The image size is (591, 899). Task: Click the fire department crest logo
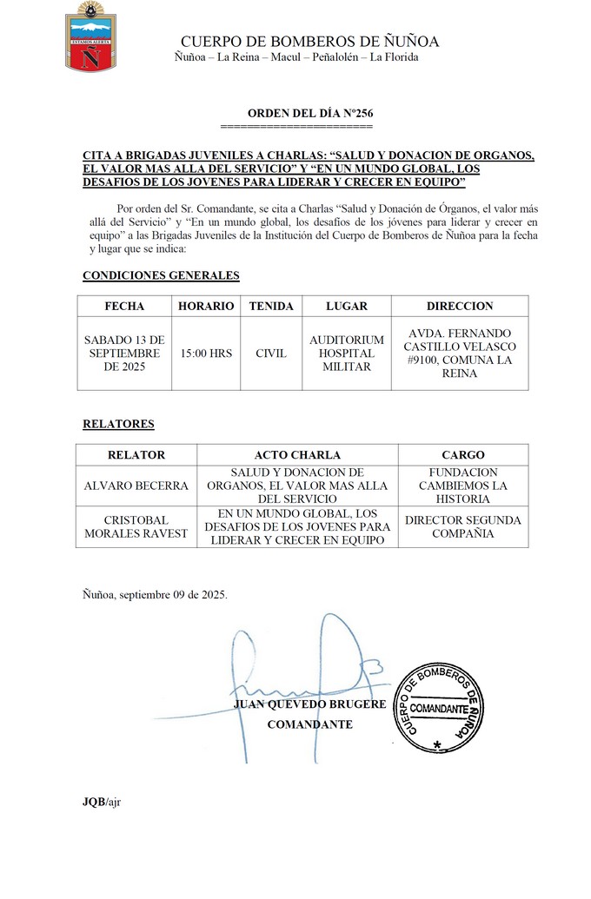pos(91,36)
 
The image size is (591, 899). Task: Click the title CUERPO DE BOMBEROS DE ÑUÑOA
pos(309,42)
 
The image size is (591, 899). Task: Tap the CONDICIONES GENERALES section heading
pos(161,275)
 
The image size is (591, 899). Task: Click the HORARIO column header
pos(206,306)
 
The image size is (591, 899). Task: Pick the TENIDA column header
pos(271,306)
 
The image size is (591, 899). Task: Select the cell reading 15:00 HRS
pos(206,354)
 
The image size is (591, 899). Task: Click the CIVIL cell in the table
pos(271,354)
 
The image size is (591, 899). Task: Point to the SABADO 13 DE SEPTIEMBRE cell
pos(124,354)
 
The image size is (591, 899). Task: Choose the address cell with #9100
pos(460,353)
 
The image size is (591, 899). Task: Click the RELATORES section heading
pos(118,424)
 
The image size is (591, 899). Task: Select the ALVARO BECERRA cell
pos(136,486)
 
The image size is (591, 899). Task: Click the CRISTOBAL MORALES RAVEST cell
pos(136,526)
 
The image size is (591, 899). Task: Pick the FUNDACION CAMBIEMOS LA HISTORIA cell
pos(463,486)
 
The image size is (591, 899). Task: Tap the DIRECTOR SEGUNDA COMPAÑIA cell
pos(463,526)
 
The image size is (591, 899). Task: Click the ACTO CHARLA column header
pos(297,455)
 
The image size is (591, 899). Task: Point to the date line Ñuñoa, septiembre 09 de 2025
pos(155,595)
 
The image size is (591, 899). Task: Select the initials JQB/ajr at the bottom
pos(102,801)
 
